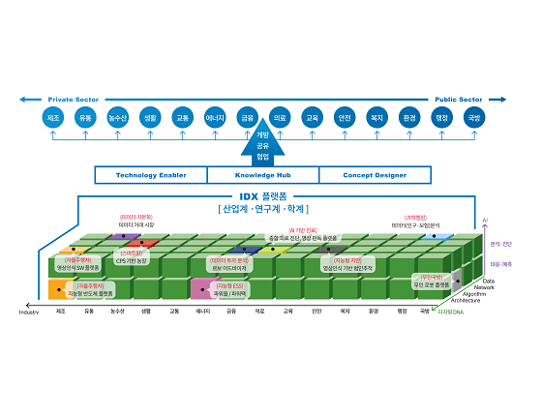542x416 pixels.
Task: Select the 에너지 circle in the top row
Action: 215,117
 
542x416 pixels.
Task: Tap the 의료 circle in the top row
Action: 279,117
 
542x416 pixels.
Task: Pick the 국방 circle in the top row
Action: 473,117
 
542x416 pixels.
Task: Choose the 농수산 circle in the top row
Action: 117,117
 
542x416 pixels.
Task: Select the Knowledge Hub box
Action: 261,175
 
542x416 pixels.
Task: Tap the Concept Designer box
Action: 373,175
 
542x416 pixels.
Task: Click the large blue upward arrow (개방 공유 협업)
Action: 261,145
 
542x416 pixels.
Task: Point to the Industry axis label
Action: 29,312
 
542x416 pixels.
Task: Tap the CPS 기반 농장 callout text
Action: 132,261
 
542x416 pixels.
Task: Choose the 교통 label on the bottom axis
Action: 174,312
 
